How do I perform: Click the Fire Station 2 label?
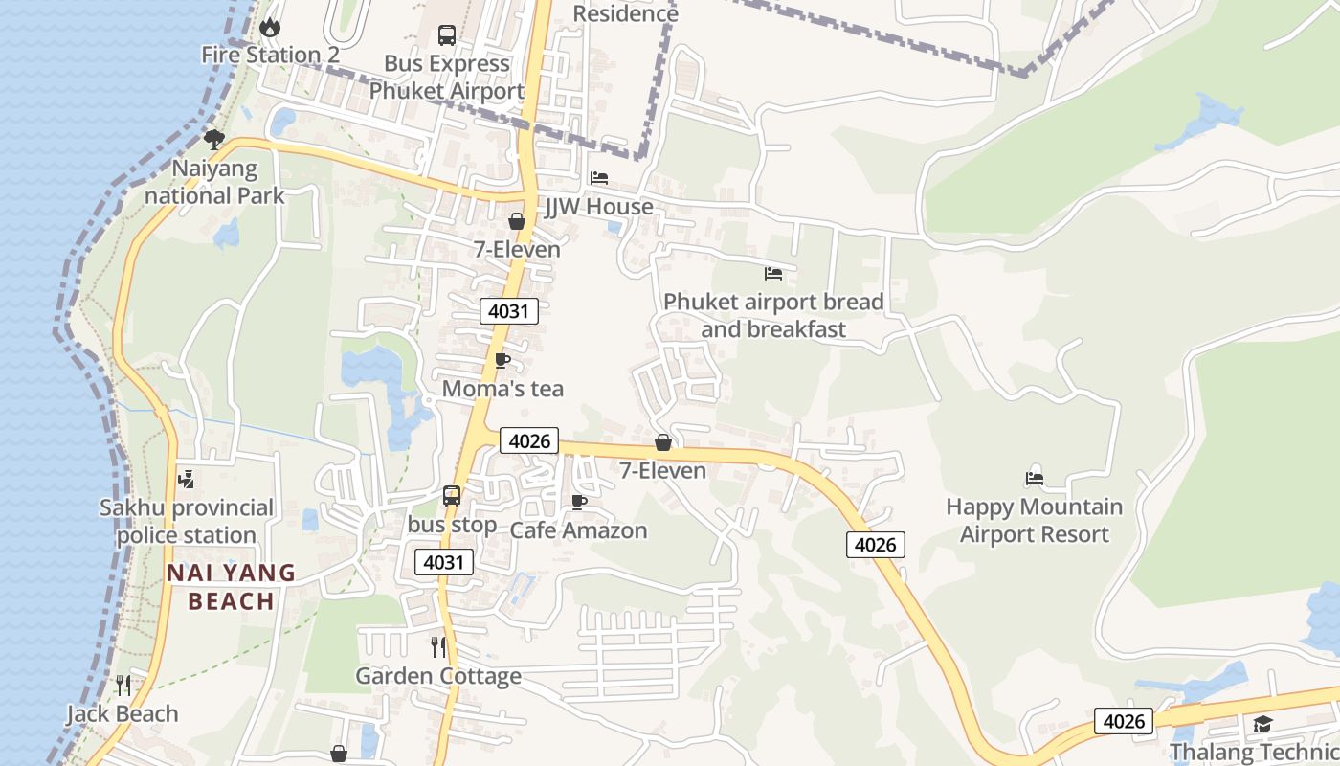[270, 55]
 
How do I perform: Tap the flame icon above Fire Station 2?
[270, 27]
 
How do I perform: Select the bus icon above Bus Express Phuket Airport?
[447, 35]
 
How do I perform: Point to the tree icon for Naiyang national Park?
[214, 140]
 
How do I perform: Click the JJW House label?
[598, 207]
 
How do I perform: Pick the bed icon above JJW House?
[599, 178]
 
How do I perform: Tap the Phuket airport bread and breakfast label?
[773, 315]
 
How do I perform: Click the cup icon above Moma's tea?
[502, 361]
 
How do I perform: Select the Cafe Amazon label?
[578, 530]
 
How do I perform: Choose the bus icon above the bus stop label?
[452, 496]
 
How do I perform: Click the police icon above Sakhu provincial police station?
[187, 479]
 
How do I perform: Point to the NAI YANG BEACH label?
[232, 587]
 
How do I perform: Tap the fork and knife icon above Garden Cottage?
[438, 647]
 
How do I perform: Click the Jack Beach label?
[123, 714]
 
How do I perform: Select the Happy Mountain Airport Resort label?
[1034, 520]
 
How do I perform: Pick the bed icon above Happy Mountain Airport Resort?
[1034, 478]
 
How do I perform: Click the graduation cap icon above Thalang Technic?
[1263, 724]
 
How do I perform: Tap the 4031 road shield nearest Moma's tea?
[509, 311]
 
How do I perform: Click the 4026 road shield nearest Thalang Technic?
[1124, 721]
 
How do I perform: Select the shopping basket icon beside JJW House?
[517, 221]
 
